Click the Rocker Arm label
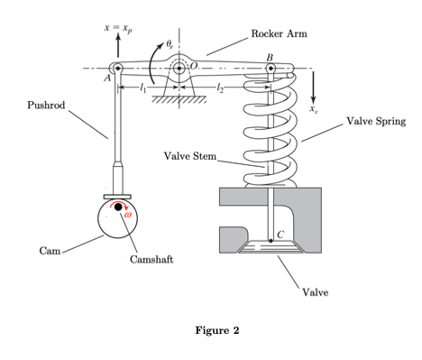(279, 33)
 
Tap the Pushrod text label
(46, 105)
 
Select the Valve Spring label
(376, 121)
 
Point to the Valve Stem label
(190, 156)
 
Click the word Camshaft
(151, 259)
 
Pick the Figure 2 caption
(217, 330)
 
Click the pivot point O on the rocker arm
(179, 69)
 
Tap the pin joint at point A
(117, 69)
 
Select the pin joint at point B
(271, 69)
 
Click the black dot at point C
(271, 241)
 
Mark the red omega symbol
(128, 215)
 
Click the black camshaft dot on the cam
(118, 207)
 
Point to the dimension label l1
(142, 88)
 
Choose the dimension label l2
(220, 88)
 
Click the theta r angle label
(170, 45)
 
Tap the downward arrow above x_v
(313, 88)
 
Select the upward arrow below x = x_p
(118, 45)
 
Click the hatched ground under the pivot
(179, 99)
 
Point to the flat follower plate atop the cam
(117, 197)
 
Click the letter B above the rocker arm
(270, 57)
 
